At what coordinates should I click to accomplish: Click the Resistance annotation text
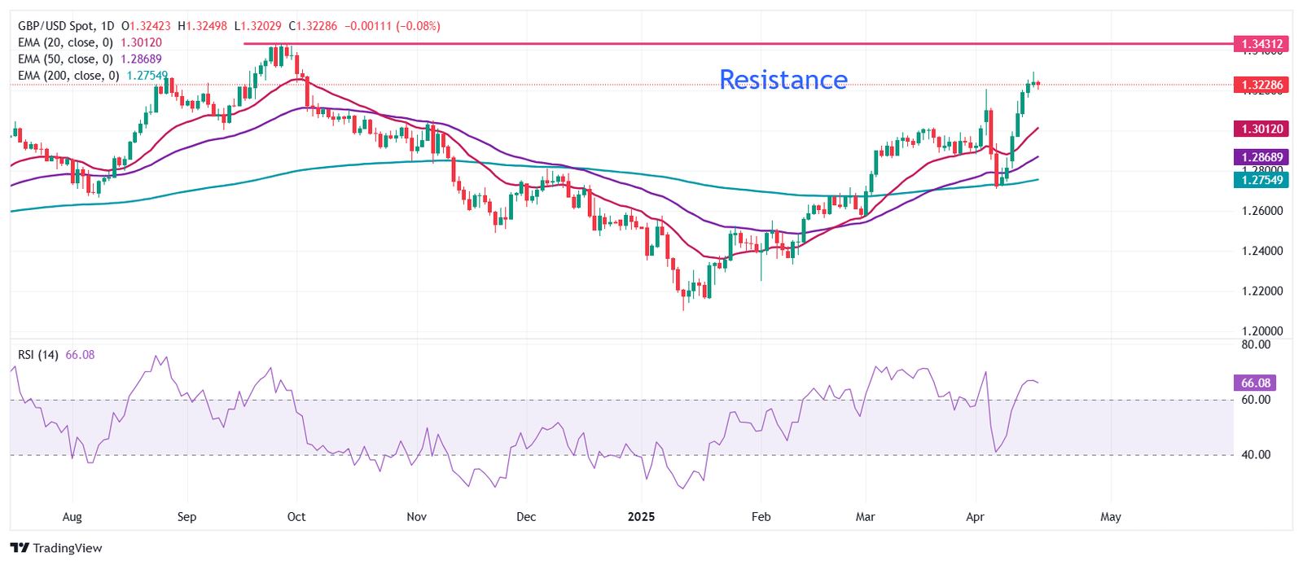783,80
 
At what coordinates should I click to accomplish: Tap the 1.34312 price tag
1261,43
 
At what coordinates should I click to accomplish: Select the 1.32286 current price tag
1261,85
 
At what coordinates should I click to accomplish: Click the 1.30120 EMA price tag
1261,129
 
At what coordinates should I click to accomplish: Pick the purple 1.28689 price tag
1261,157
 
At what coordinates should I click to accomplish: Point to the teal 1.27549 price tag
1261,180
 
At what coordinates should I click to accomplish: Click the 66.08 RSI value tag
1256,383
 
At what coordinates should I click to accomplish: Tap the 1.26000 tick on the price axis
1262,211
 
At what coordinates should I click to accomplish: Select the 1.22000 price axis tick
1262,291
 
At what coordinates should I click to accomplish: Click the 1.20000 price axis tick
1262,331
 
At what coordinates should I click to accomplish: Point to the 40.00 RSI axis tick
1256,455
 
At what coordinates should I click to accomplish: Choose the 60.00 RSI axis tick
1256,400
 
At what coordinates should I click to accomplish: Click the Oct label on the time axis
296,517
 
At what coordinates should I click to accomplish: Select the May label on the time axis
1111,517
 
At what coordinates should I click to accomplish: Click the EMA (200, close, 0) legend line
68,76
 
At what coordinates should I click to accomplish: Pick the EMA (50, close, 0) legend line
65,59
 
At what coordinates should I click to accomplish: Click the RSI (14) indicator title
38,355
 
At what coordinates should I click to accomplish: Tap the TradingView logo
56,548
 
